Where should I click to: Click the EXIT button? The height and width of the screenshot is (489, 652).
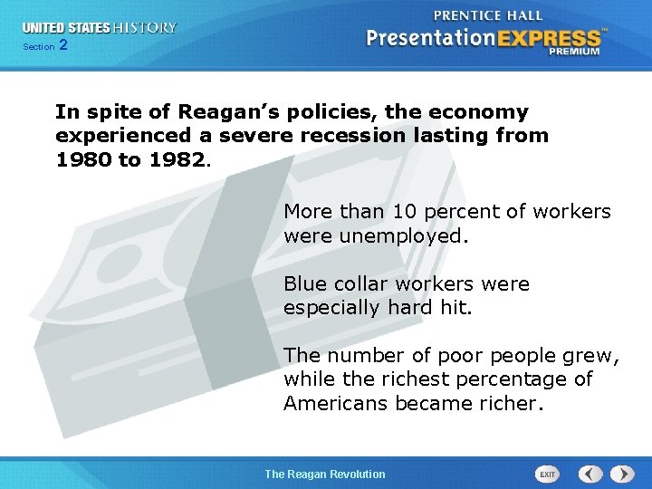coord(547,474)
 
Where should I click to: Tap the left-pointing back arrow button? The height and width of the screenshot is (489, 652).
coord(590,474)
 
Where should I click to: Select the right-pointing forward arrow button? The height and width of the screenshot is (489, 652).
coord(621,474)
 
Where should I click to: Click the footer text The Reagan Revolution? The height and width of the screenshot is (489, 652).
coord(324,474)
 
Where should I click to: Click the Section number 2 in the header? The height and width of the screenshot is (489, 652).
coord(62,45)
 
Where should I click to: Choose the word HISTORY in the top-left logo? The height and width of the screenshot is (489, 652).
coord(144,28)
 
